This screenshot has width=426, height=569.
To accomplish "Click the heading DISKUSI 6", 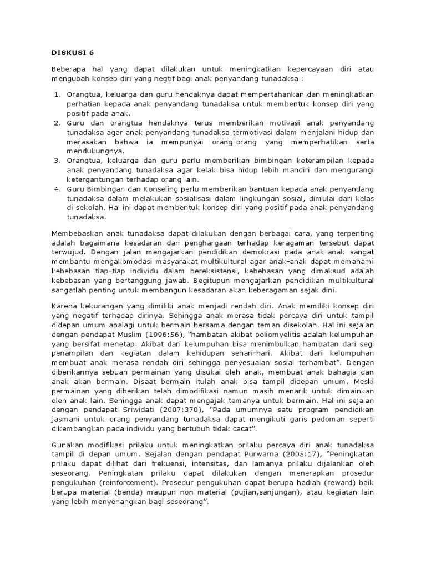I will (x=74, y=53).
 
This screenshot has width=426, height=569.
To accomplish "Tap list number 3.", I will (x=57, y=161).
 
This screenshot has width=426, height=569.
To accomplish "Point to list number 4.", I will (x=57, y=189).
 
